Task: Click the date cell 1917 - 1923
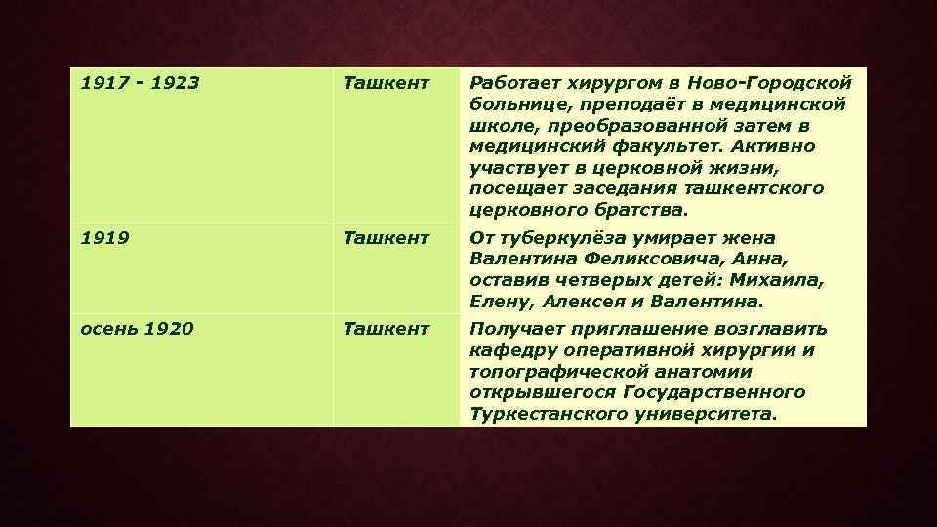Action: [140, 83]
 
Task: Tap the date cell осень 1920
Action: [137, 329]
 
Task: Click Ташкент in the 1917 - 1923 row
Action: [386, 83]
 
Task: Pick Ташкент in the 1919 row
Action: [386, 237]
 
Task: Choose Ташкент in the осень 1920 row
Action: [386, 329]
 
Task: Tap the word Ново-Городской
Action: [777, 83]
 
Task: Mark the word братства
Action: [642, 210]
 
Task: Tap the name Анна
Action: [756, 259]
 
